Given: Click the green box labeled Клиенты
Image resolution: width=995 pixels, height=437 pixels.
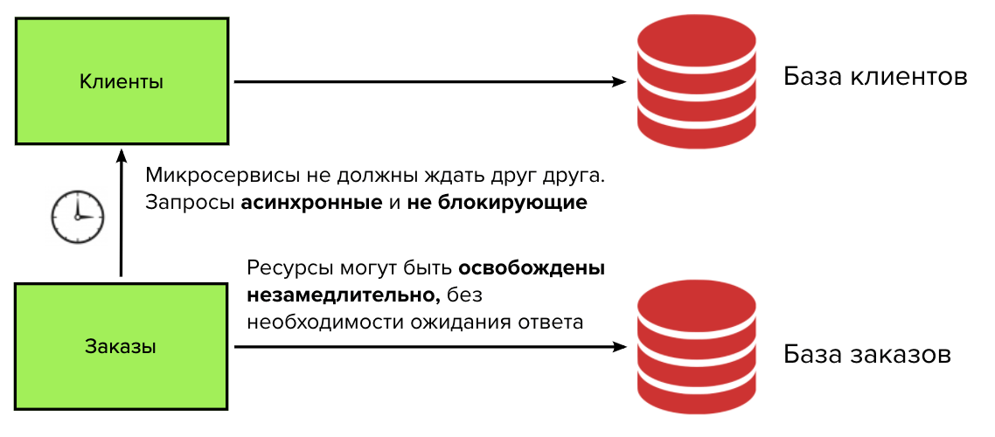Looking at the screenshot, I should pos(122,81).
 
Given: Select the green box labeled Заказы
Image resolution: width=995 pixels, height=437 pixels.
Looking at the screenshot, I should pos(122,346).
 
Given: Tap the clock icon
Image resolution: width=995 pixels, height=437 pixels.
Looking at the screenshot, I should pos(77,215).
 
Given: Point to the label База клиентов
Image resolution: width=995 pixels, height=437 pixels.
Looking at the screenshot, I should pos(874,77).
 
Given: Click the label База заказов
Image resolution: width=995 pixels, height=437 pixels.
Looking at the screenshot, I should pos(866,356).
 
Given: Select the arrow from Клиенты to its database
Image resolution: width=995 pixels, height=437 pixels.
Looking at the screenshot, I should pos(428,82).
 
